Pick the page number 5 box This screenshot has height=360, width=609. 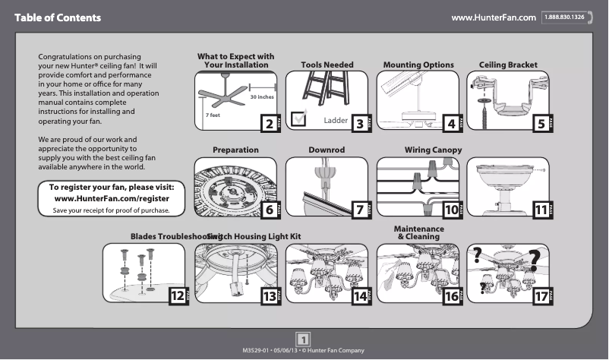point(540,124)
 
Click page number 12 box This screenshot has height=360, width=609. point(177,296)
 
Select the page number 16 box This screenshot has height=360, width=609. point(450,296)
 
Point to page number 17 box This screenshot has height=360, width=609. point(540,296)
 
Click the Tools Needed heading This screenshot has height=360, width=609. point(327,65)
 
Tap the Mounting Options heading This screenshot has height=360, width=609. point(418,65)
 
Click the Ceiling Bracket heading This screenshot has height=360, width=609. point(508,65)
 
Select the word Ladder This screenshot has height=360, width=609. point(335,120)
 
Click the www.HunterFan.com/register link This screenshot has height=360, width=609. point(112,198)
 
